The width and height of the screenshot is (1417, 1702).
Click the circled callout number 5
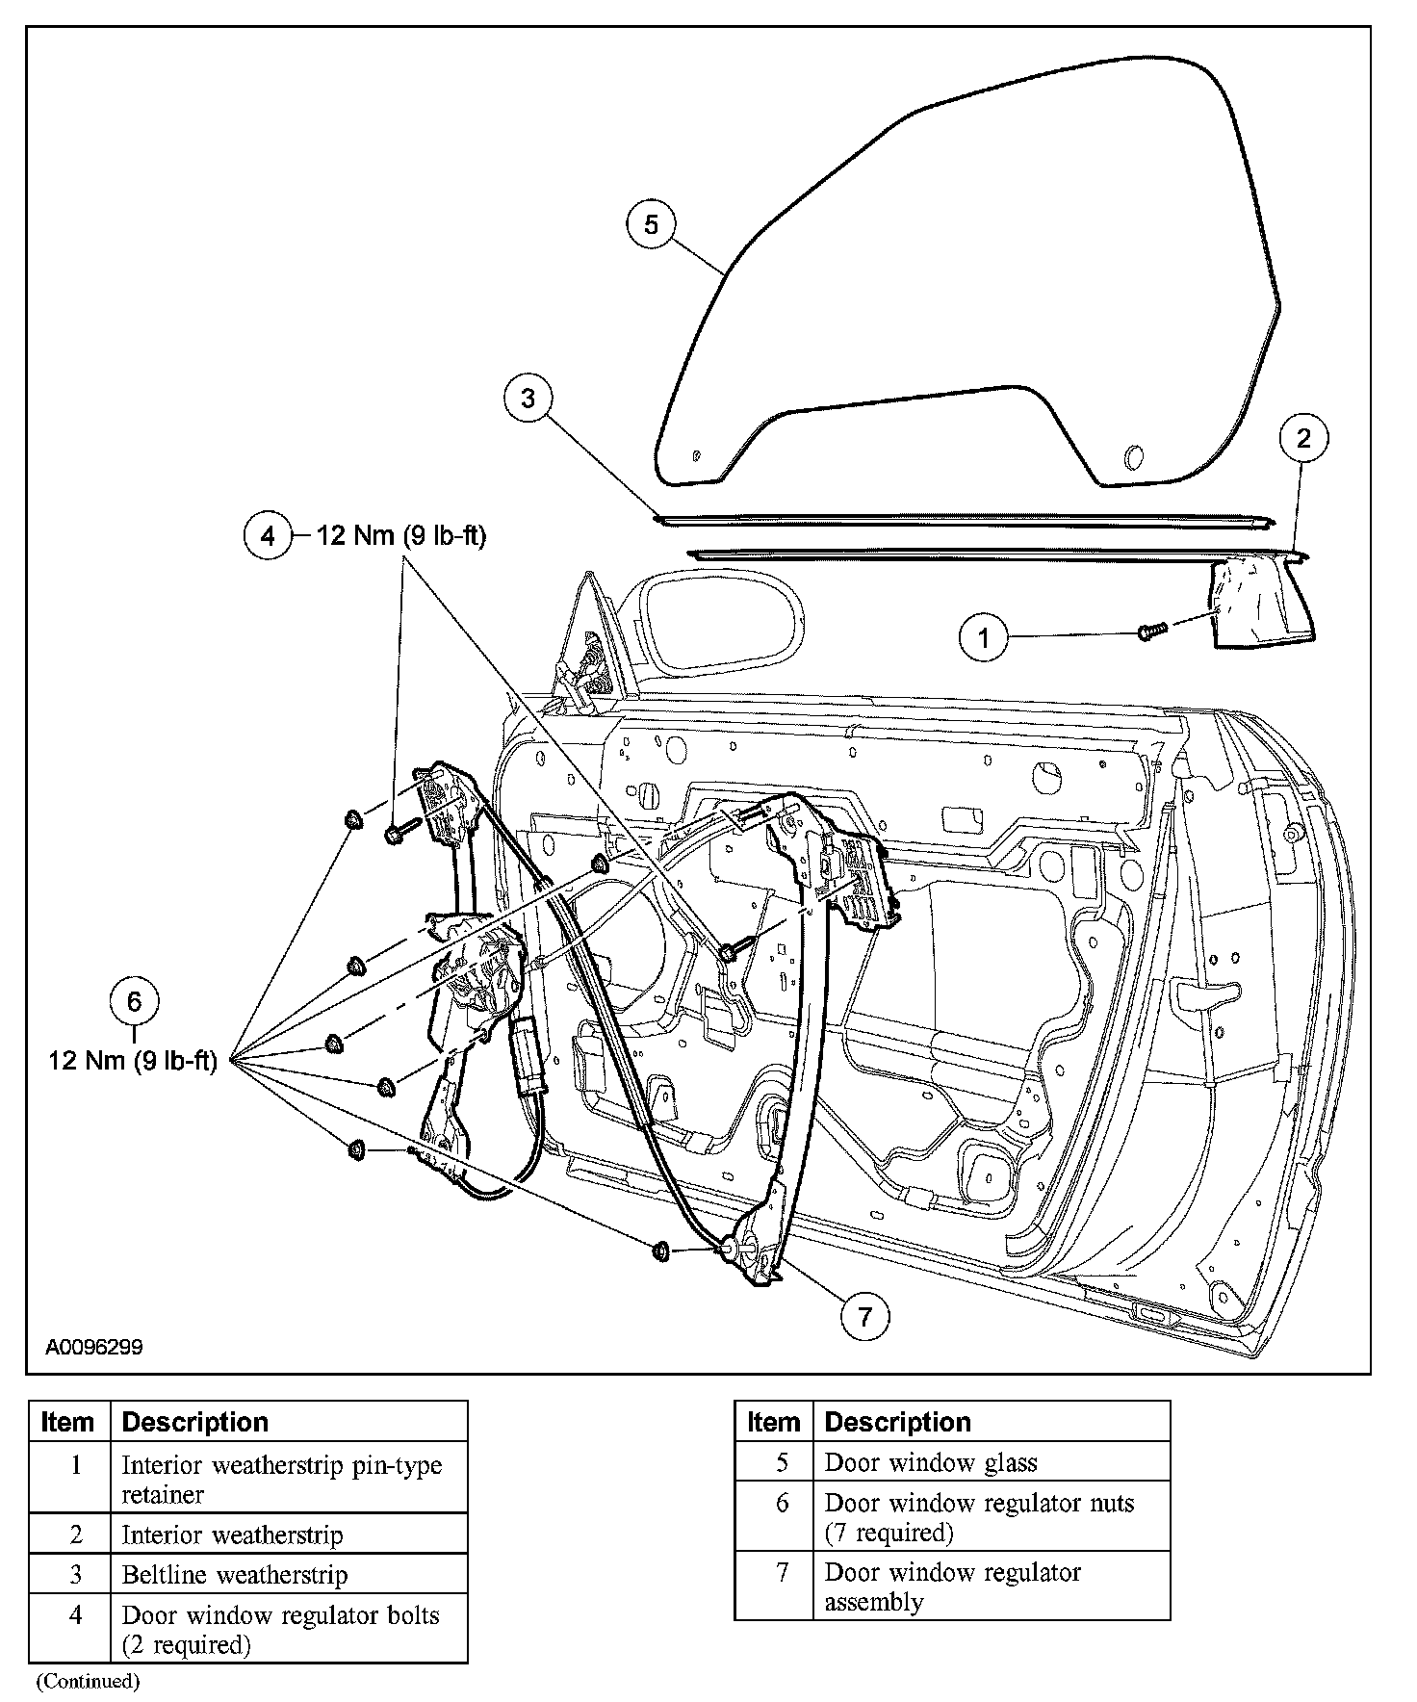coord(652,224)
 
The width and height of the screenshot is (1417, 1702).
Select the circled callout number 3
coord(528,398)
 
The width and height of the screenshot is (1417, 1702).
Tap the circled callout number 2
coord(1303,439)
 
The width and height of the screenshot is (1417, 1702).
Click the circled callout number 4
coord(268,535)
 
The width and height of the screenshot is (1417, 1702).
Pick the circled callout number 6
coord(134,1001)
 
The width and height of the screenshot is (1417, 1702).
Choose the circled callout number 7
coord(864,1316)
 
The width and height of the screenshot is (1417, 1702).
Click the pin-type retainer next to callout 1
coord(1150,632)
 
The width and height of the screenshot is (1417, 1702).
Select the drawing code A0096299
coord(94,1347)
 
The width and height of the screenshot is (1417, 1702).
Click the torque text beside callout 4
coord(401,535)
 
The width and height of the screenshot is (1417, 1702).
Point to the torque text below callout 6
coord(133,1061)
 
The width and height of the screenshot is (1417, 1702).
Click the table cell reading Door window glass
coord(931,1463)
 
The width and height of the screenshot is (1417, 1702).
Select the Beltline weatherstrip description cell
coord(235,1575)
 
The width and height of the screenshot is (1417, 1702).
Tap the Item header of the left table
coord(68,1422)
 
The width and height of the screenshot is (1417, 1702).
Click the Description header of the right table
coord(898,1422)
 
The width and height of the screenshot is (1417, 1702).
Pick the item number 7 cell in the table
coord(783,1572)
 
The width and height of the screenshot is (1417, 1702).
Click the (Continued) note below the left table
coord(88,1682)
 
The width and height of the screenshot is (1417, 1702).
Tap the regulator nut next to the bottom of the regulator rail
coord(661,1251)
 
